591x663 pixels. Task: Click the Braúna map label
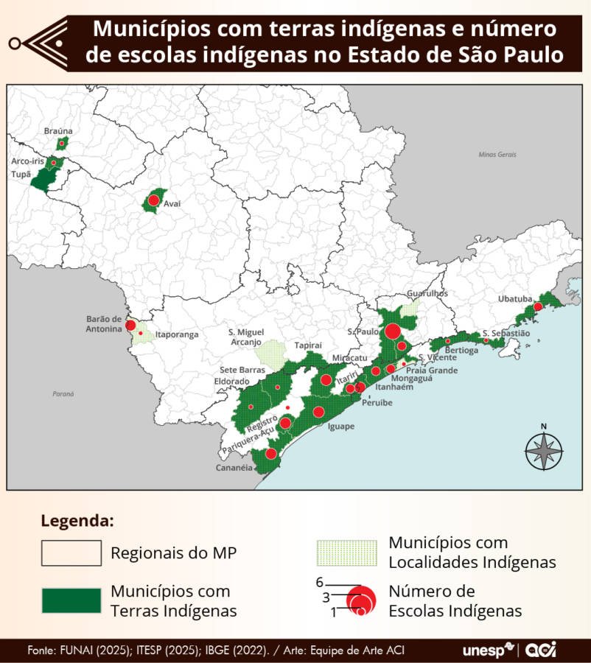coord(58,130)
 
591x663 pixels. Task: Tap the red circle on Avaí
coord(153,200)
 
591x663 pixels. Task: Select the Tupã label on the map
coord(21,175)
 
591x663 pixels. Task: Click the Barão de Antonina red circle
coord(130,325)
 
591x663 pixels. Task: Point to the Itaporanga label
coord(176,334)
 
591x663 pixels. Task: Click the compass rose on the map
coord(544,449)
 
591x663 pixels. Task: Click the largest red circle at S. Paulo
coord(393,331)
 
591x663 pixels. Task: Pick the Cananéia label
coord(233,468)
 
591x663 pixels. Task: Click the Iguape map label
coord(340,426)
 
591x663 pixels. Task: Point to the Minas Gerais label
coord(497,155)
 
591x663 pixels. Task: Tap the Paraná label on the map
coord(63,394)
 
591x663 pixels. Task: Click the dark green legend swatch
coord(71,600)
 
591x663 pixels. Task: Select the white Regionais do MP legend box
coord(71,552)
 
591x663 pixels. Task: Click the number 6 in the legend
coord(320,582)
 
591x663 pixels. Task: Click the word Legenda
coord(77,521)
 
